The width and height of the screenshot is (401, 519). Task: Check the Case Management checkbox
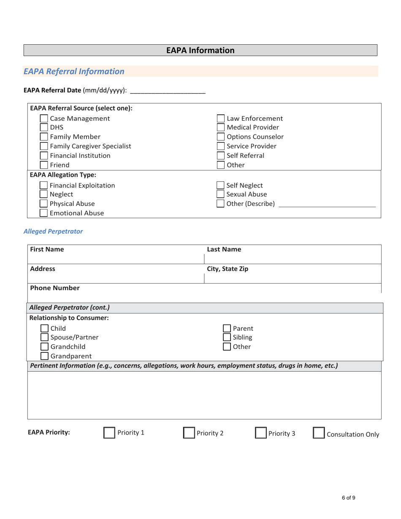coord(44,119)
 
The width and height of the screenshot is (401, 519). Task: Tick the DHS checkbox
coord(44,127)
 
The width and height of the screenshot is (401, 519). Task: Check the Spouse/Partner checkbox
coord(44,337)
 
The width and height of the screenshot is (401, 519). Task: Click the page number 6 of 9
coord(348,498)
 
